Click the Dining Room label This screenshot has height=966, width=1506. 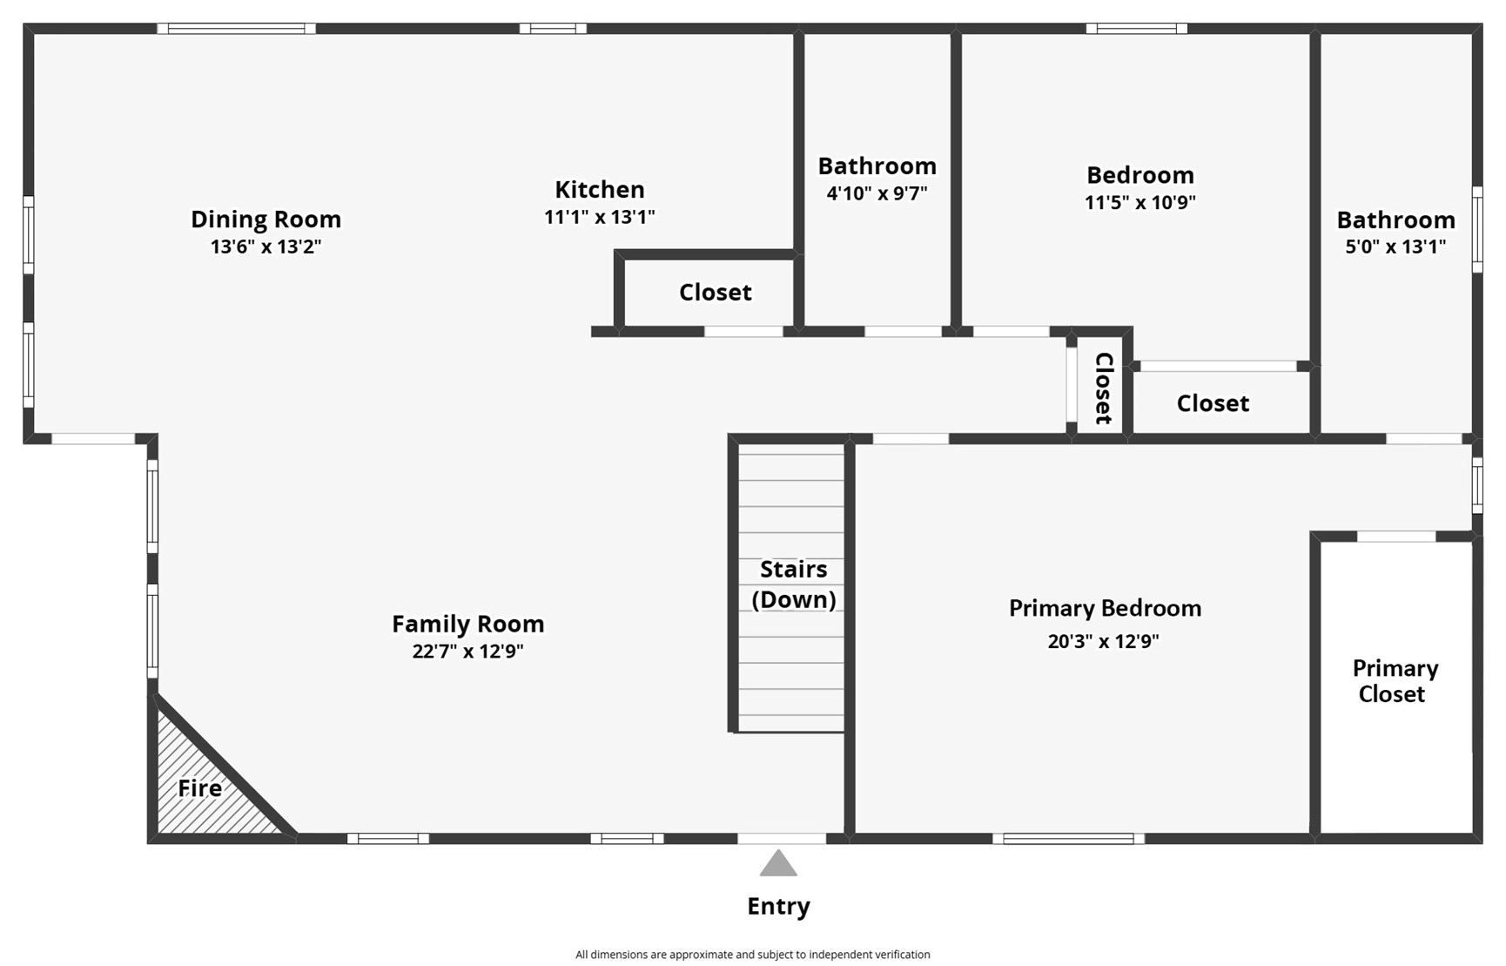click(x=266, y=220)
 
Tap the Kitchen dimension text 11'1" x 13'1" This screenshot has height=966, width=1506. click(x=599, y=217)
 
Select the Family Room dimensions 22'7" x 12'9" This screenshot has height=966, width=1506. click(x=467, y=652)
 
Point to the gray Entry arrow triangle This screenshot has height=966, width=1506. click(x=778, y=864)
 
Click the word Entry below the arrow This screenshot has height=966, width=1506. click(x=778, y=907)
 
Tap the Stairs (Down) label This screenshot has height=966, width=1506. click(x=793, y=584)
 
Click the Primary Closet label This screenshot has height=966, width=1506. click(x=1394, y=681)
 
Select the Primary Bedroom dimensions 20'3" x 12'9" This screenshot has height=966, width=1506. click(x=1103, y=642)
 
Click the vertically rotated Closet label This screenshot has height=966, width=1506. click(x=1103, y=388)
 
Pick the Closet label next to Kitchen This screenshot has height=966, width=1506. click(x=715, y=293)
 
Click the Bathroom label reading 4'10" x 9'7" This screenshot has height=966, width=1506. click(x=877, y=166)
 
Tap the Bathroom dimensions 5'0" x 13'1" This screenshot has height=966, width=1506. click(x=1395, y=247)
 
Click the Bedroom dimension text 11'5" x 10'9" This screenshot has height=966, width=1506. click(x=1140, y=203)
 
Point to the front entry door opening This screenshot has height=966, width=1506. click(x=781, y=839)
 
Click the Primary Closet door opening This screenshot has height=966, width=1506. click(x=1395, y=537)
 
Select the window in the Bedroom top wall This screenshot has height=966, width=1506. click(x=1136, y=29)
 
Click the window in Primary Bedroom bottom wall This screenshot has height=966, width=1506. click(x=1068, y=839)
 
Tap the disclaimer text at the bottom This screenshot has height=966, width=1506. click(x=752, y=955)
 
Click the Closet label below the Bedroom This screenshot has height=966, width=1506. click(x=1212, y=403)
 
